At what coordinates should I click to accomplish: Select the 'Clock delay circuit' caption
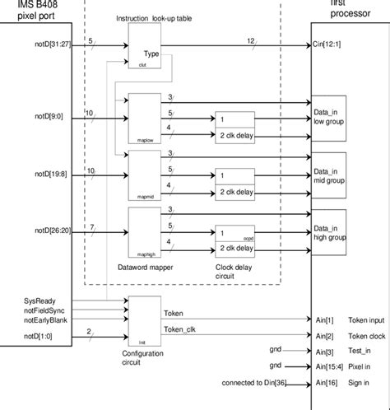239,272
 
